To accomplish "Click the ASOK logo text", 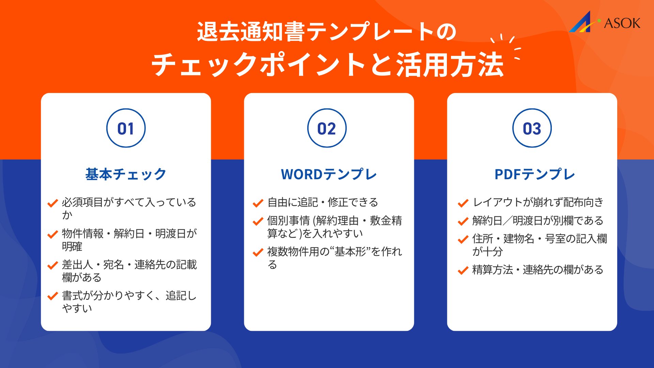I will coord(622,23).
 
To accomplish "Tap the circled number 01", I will coord(126,128).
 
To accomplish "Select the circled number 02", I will coord(327,128).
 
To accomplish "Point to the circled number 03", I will coord(532,128).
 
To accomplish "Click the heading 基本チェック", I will coord(126,174).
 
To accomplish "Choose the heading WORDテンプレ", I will coord(329,174).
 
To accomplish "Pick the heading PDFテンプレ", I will coord(534,174).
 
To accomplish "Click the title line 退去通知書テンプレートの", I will coord(326,32).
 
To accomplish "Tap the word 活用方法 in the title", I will coord(450,65).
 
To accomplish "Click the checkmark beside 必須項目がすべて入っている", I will coord(52,203).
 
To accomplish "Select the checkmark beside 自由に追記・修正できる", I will coord(258,203).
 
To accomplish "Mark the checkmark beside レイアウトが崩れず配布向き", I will coord(463,203).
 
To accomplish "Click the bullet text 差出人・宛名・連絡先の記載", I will coord(129,265).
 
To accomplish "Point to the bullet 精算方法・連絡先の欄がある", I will coord(538,270).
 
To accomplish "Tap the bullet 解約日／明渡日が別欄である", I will coord(538,221).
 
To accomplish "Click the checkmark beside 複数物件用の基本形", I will coord(258,252).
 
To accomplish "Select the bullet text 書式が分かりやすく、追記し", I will coord(129,295).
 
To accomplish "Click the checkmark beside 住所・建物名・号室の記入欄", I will coord(463,240).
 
